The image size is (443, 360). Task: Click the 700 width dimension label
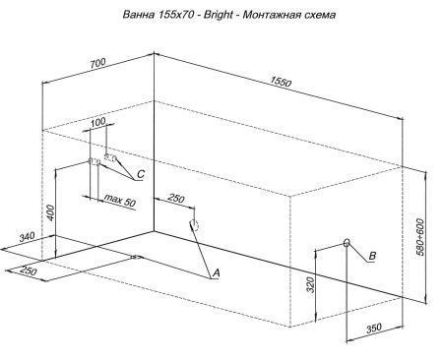coord(97,63)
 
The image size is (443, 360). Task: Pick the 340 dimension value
coord(28,237)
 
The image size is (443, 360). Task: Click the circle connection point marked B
coord(347,243)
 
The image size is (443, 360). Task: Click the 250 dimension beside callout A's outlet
coord(176,201)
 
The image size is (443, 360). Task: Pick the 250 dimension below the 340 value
coord(28,271)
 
